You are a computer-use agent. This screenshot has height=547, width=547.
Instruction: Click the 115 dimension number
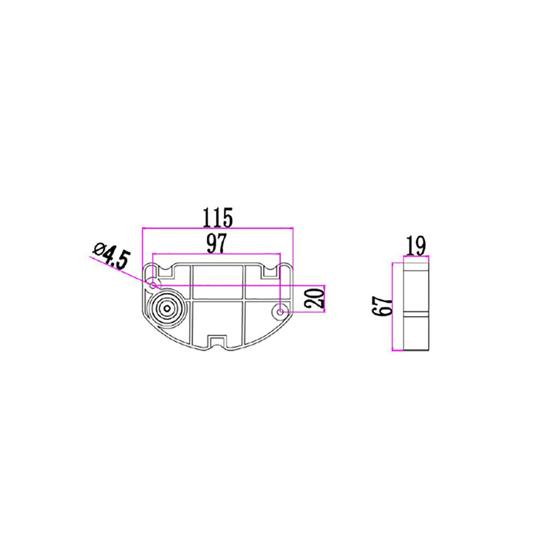pyautogui.click(x=218, y=217)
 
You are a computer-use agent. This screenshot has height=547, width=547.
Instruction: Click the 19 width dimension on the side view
pyautogui.click(x=416, y=246)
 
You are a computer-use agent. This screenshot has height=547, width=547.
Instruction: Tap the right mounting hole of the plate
pyautogui.click(x=281, y=312)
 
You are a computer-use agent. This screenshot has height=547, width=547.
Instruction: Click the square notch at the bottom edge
pyautogui.click(x=218, y=342)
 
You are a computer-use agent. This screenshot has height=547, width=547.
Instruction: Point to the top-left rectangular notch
pyautogui.click(x=164, y=271)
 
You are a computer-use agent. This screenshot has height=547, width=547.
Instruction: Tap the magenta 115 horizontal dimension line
pyautogui.click(x=218, y=228)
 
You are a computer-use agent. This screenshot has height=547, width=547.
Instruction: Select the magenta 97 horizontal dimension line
pyautogui.click(x=216, y=254)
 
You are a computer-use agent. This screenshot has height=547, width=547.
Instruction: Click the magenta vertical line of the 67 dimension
pyautogui.click(x=394, y=306)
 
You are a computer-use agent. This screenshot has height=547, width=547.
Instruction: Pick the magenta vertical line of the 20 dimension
pyautogui.click(x=325, y=299)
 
